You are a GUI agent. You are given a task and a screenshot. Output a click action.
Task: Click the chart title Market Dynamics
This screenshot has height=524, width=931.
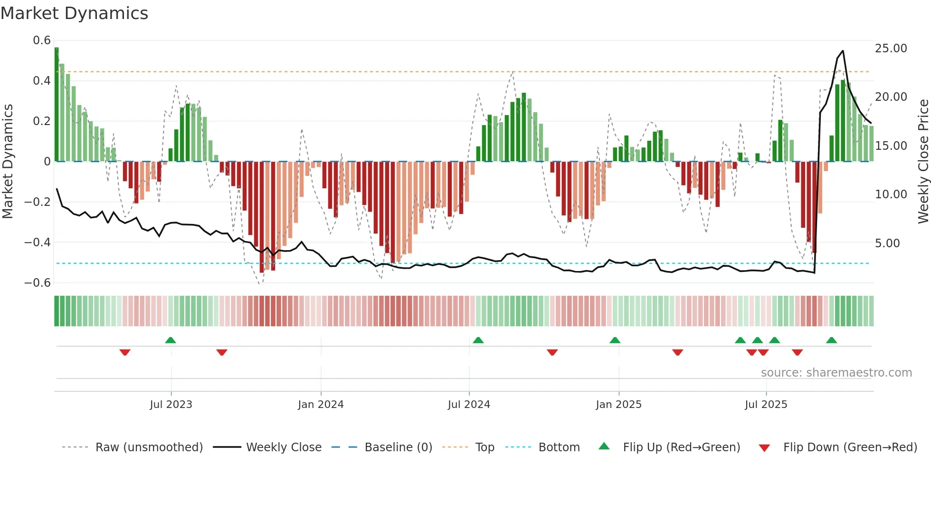point(74,13)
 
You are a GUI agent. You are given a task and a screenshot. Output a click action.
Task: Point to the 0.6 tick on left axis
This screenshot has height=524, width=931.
point(42,40)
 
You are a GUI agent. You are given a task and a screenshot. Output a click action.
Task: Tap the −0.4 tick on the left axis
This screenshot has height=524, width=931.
point(38,243)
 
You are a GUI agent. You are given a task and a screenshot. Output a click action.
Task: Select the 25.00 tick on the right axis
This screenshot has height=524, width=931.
point(891,49)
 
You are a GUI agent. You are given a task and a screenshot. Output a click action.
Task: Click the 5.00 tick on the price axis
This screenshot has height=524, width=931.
point(887,243)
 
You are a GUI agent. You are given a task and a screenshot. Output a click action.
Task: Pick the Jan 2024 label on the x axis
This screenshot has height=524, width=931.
point(321,405)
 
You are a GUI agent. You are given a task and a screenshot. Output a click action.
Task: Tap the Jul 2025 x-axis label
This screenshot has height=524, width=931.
point(766,405)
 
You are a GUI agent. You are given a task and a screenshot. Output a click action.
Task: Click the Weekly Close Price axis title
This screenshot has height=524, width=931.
point(923,162)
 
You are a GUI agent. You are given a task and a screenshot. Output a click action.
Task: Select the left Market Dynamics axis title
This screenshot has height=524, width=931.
point(8,162)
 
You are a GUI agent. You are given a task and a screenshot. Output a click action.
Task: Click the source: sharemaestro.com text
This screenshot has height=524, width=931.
point(836,373)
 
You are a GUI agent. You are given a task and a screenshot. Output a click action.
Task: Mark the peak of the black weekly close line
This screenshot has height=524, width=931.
point(843,51)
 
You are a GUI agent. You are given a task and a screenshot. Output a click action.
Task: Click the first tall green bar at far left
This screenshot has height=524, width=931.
point(57,105)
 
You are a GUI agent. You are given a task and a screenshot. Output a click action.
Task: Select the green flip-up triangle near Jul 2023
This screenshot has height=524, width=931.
point(171,340)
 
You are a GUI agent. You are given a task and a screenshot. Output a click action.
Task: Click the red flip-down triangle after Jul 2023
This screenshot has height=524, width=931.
point(222,352)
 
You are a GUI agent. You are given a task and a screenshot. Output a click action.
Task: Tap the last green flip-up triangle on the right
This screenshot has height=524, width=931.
point(831,340)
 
